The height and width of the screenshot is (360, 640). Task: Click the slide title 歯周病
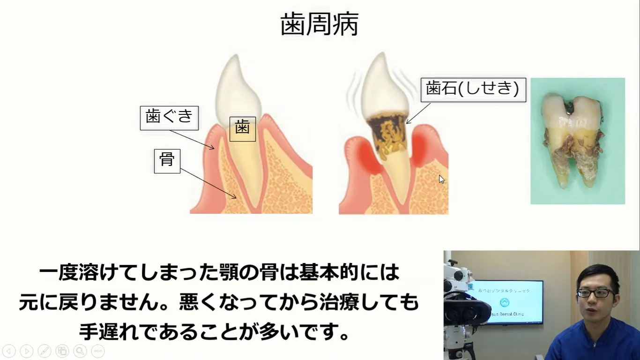(320, 24)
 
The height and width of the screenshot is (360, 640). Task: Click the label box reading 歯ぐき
(169, 118)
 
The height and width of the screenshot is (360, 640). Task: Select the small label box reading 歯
(243, 129)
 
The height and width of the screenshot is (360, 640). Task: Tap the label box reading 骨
(167, 161)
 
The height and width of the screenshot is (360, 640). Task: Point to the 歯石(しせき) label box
(473, 90)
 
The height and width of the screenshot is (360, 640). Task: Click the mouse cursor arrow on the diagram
(442, 179)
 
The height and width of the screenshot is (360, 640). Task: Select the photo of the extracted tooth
(578, 141)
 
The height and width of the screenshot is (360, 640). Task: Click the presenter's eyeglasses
(596, 293)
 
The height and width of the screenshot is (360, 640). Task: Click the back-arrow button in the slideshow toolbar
(9, 351)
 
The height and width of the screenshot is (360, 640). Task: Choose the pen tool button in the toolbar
(45, 351)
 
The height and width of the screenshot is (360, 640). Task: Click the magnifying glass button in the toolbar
(80, 351)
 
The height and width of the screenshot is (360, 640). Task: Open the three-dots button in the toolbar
(98, 351)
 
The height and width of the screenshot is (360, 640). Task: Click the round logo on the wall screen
(505, 302)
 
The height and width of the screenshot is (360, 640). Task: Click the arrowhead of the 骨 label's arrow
(235, 197)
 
